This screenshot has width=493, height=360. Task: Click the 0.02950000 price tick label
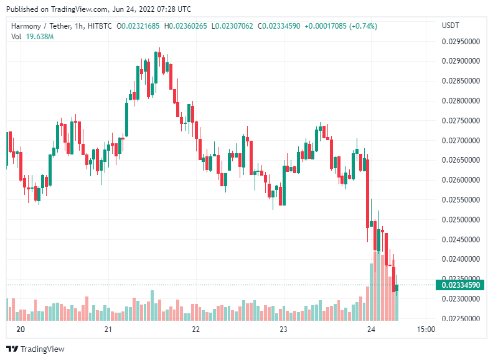point(461,42)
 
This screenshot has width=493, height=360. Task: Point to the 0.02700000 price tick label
point(461,141)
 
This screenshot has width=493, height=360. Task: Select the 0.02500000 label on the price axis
point(461,220)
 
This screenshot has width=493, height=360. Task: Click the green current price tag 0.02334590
point(461,285)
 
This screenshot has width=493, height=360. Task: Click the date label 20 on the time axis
point(21,329)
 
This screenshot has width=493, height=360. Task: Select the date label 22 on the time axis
point(196,329)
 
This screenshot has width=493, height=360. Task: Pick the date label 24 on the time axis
point(372,329)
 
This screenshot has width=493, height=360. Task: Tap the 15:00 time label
point(425,329)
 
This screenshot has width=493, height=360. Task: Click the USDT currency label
point(450,26)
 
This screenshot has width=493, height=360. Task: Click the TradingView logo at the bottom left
point(35,349)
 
